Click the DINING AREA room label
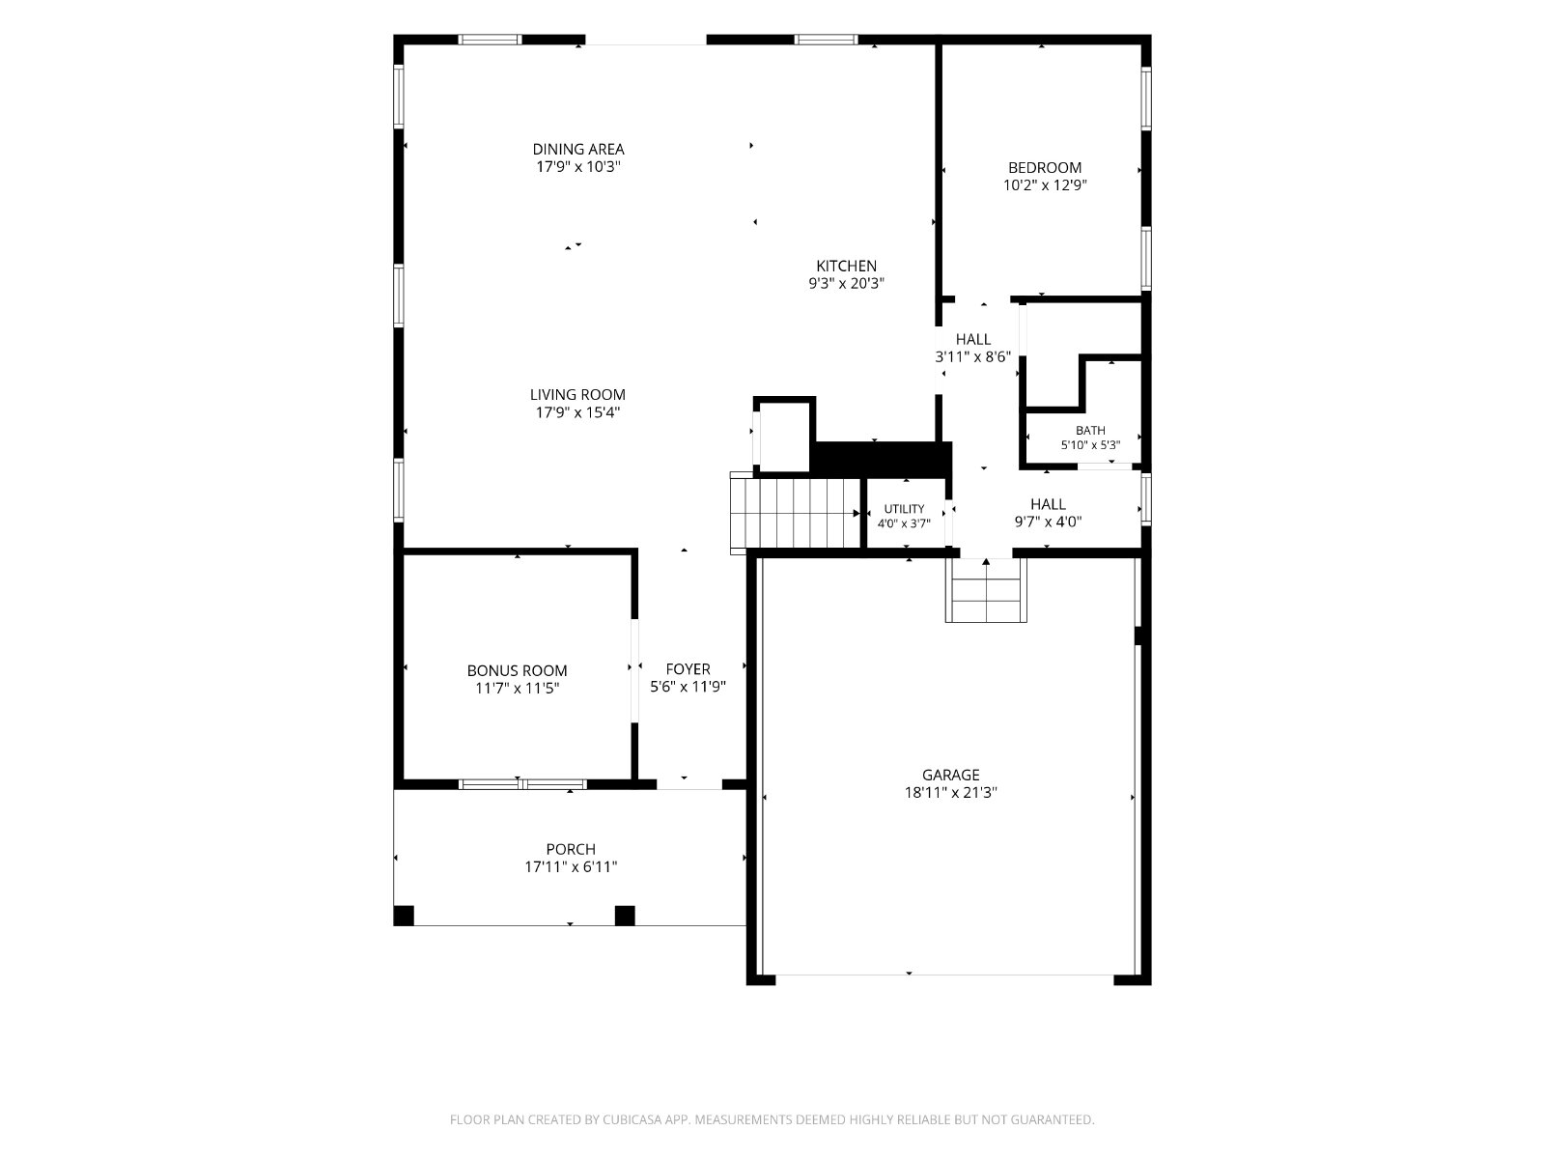tap(577, 149)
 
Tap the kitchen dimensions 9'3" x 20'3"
tap(846, 284)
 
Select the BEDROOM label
tap(1045, 167)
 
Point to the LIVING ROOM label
tap(577, 395)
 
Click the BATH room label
tap(1090, 431)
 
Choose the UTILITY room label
tap(905, 509)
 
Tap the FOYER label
tap(688, 669)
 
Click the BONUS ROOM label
tap(518, 670)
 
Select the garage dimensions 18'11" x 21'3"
tap(951, 792)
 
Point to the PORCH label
tap(571, 849)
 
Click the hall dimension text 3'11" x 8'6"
tap(972, 356)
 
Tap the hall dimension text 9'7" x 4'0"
tap(1048, 522)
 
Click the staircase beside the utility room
tap(796, 513)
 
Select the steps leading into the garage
tap(986, 590)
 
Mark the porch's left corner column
tap(404, 916)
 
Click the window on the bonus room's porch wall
tap(522, 784)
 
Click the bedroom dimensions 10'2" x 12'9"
tap(1045, 185)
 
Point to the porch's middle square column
tap(625, 916)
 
